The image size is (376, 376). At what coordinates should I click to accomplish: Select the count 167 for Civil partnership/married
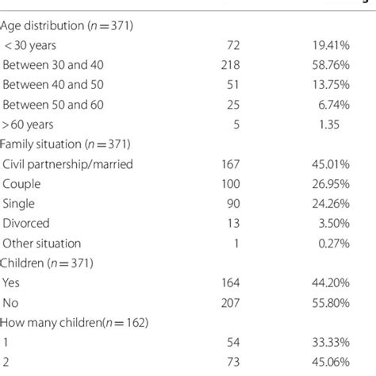pyautogui.click(x=230, y=163)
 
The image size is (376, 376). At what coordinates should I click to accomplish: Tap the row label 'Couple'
pyautogui.click(x=22, y=183)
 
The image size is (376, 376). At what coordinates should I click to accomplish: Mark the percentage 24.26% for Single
pyautogui.click(x=331, y=203)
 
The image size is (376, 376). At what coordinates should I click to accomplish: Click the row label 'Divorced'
pyautogui.click(x=27, y=223)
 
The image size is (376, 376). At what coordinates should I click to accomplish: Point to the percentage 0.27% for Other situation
pyautogui.click(x=333, y=243)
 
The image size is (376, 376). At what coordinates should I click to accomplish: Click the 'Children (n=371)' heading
pyautogui.click(x=46, y=263)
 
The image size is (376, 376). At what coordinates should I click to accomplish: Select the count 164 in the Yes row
pyautogui.click(x=230, y=282)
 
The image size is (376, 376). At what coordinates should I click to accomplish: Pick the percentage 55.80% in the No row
pyautogui.click(x=331, y=302)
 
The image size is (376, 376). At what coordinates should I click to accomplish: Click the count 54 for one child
pyautogui.click(x=233, y=343)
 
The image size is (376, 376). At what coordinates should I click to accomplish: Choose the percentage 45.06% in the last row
pyautogui.click(x=331, y=363)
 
